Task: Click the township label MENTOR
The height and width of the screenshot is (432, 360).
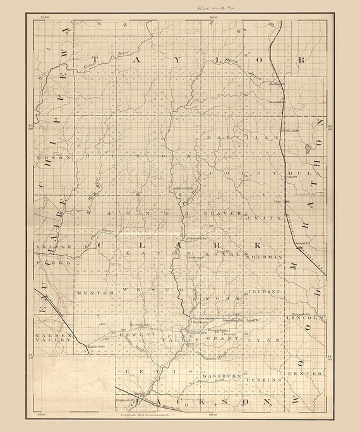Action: click(x=93, y=293)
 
